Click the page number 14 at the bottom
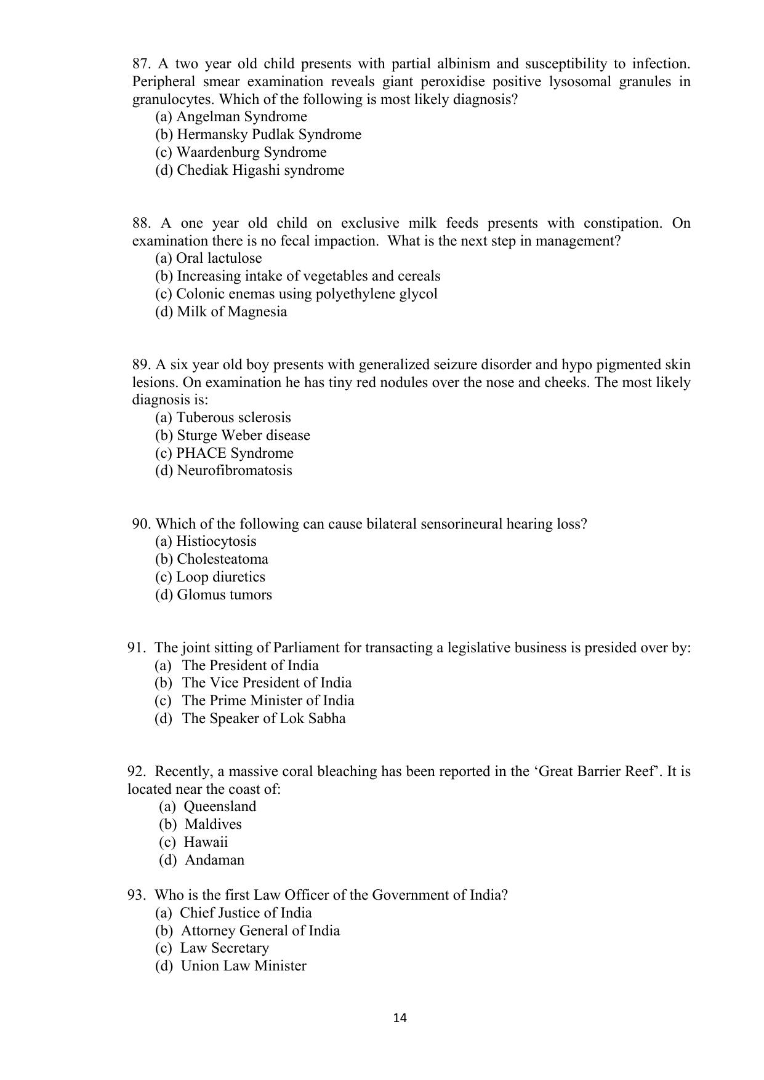click(x=400, y=1018)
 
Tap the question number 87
click(x=141, y=64)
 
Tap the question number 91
click(x=136, y=648)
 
